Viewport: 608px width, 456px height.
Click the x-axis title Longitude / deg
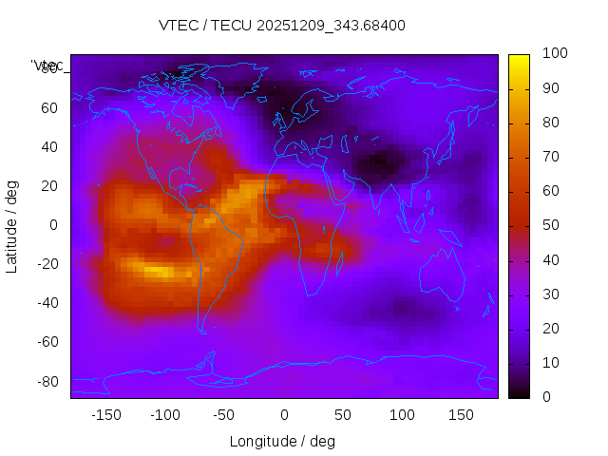point(282,441)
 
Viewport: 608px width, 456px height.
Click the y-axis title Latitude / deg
point(12,225)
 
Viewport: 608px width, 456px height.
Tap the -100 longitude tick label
point(164,415)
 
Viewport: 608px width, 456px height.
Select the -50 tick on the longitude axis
point(224,415)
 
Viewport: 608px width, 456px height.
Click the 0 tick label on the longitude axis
point(283,415)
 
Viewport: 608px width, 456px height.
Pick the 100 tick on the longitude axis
point(402,415)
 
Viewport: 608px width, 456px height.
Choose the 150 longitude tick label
point(461,415)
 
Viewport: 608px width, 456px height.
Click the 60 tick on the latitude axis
point(49,107)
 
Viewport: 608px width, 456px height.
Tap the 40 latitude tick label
point(49,146)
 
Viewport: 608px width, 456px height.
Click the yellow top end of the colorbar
point(519,59)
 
